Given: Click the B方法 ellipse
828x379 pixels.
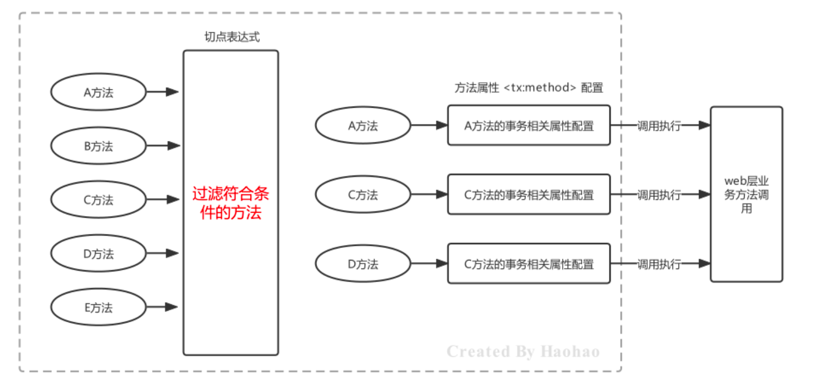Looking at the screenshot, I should pyautogui.click(x=98, y=146).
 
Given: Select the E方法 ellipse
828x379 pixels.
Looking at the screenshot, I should pyautogui.click(x=98, y=308).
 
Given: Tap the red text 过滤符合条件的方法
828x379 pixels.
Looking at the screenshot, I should pyautogui.click(x=231, y=204).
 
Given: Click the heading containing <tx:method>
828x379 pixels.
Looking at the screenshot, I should pyautogui.click(x=528, y=88).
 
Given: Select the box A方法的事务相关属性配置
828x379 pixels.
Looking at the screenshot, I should pyautogui.click(x=529, y=126).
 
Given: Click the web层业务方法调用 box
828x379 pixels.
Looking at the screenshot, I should pyautogui.click(x=746, y=194).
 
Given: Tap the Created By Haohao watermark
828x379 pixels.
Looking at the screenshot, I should pyautogui.click(x=523, y=352).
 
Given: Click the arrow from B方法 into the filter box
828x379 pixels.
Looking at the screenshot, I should pyautogui.click(x=163, y=146).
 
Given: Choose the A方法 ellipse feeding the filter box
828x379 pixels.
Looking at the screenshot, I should pyautogui.click(x=98, y=92).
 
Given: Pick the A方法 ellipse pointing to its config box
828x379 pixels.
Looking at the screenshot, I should pyautogui.click(x=363, y=126).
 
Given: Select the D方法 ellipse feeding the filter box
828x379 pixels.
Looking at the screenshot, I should pyautogui.click(x=98, y=253).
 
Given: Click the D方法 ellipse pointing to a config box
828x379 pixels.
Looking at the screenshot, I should pyautogui.click(x=363, y=264).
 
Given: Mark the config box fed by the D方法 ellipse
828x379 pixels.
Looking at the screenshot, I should pyautogui.click(x=529, y=264).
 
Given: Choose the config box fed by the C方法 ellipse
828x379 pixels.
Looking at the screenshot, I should pyautogui.click(x=529, y=195).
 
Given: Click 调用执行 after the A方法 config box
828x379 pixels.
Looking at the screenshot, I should pyautogui.click(x=659, y=126).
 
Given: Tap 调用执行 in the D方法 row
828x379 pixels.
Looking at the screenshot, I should pyautogui.click(x=659, y=264).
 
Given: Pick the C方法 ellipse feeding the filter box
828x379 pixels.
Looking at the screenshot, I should pyautogui.click(x=98, y=200).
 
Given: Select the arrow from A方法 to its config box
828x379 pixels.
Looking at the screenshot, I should pyautogui.click(x=429, y=126).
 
